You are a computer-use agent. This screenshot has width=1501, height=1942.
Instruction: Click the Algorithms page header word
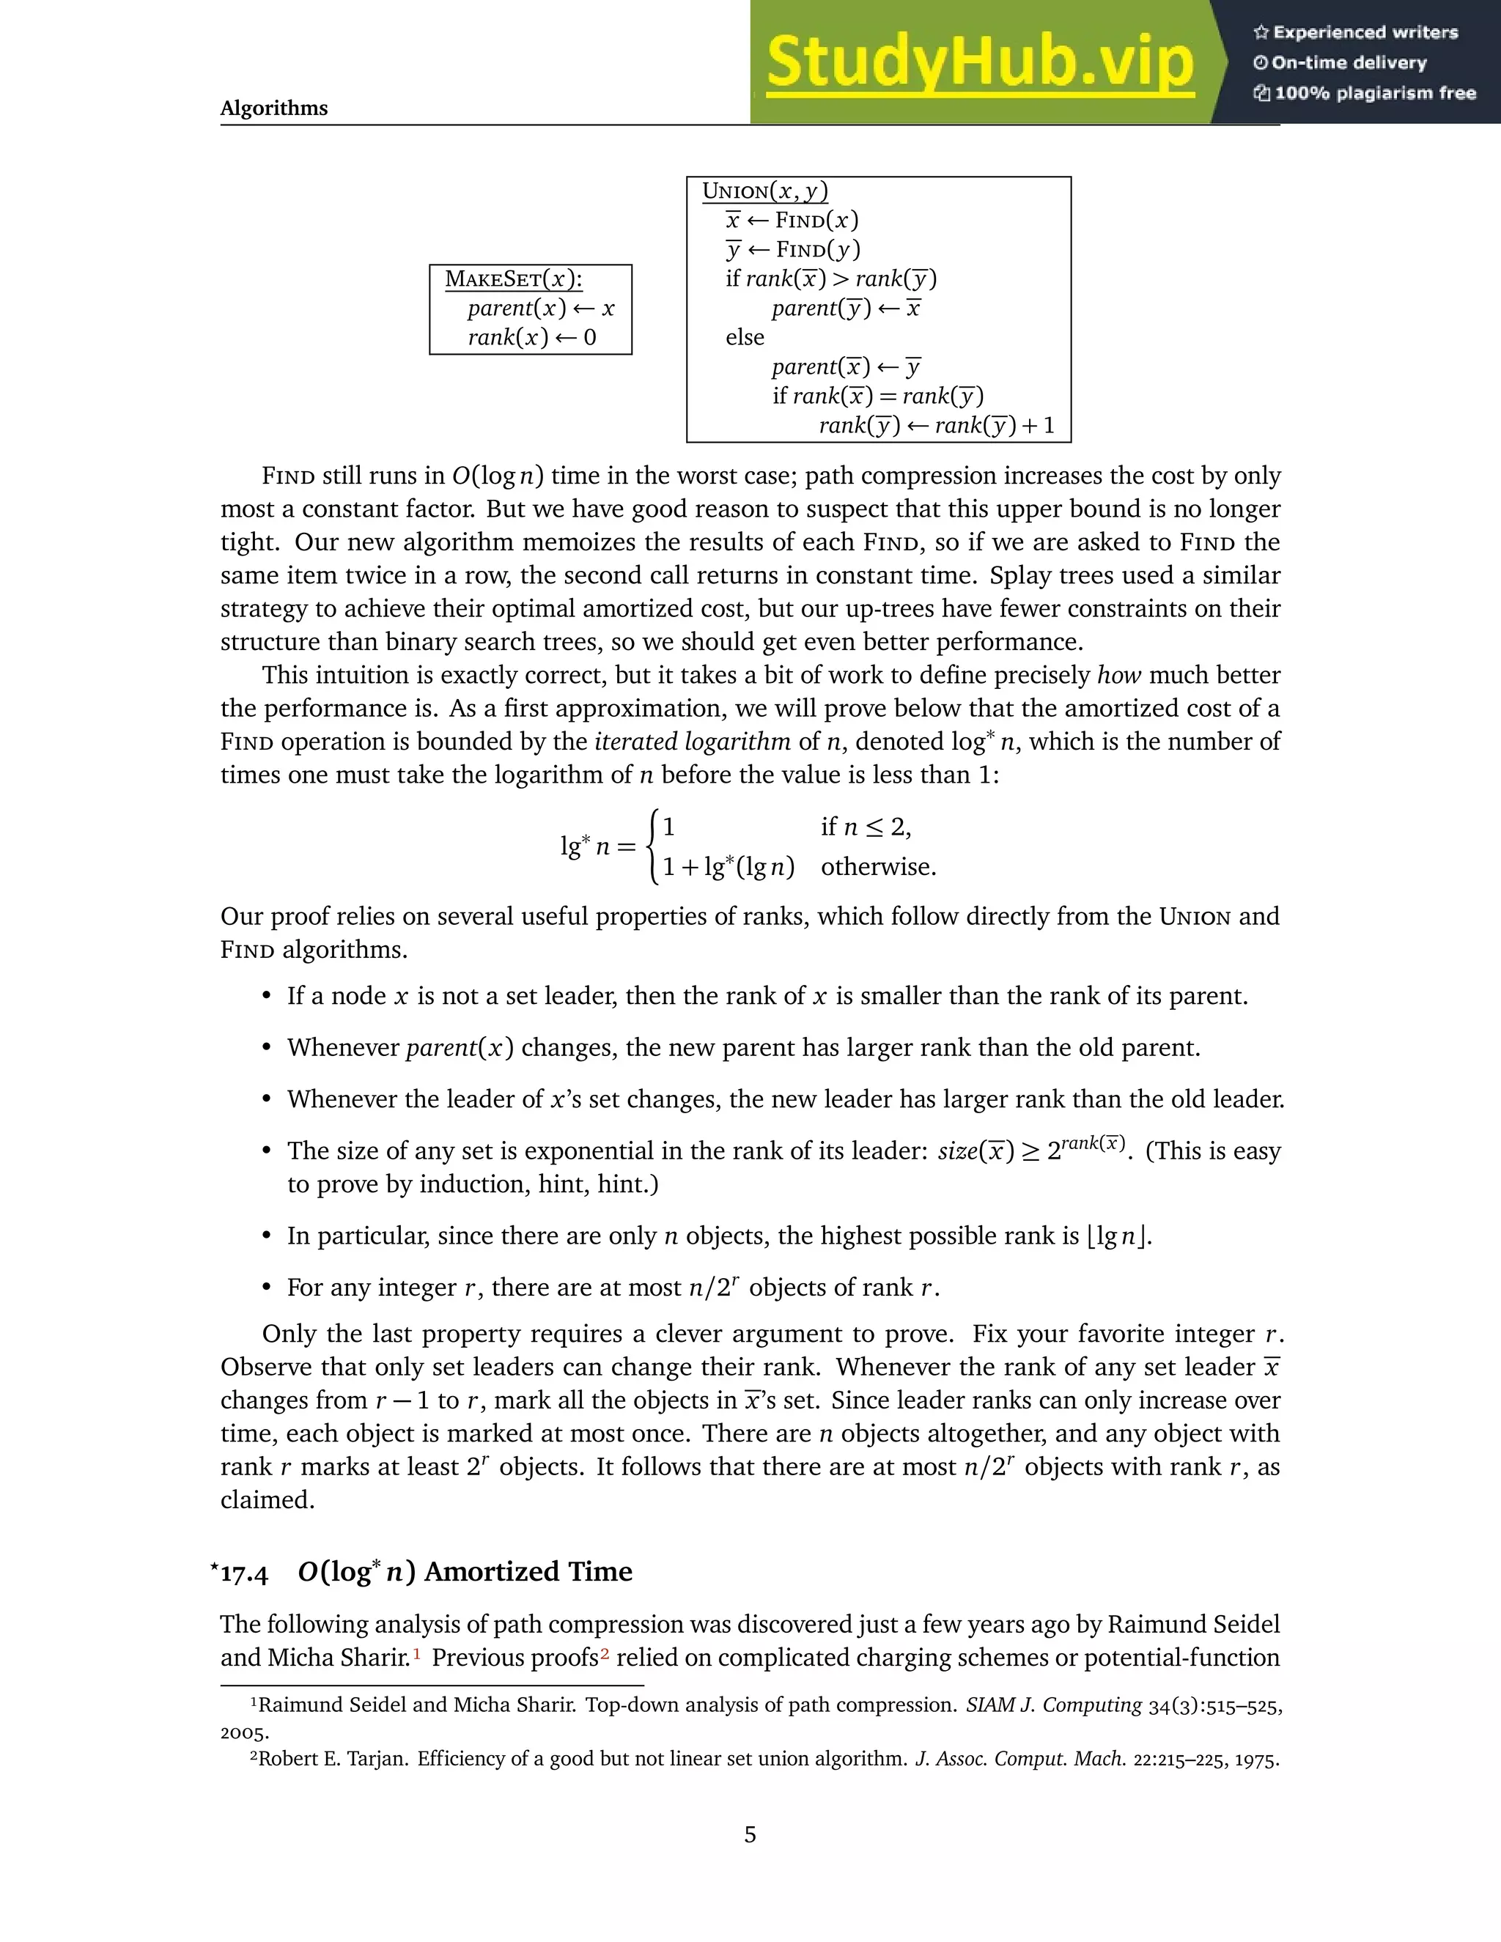[274, 108]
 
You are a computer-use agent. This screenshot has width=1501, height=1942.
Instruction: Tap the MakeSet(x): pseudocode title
[513, 279]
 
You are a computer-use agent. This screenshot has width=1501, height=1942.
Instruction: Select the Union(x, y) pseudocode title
[764, 191]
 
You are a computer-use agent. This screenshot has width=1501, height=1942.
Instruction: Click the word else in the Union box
[745, 338]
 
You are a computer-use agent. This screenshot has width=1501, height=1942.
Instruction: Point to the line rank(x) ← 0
[532, 338]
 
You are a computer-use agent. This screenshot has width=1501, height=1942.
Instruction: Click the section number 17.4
[243, 1573]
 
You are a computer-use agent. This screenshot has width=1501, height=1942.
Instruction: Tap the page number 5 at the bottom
[750, 1834]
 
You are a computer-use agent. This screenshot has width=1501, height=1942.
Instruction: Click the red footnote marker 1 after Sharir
[416, 1655]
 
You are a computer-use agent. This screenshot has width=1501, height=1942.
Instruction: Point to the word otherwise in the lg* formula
[877, 867]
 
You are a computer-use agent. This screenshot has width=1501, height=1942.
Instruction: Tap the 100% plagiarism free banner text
[1375, 93]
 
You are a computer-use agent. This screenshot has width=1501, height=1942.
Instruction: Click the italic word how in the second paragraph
[1118, 676]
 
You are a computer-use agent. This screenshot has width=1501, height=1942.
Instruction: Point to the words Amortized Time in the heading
[528, 1572]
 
